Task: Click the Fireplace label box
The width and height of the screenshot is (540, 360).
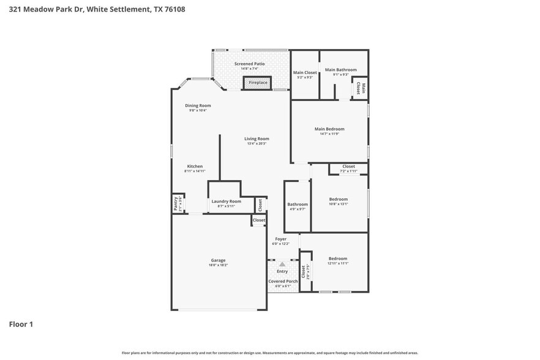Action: coord(258,83)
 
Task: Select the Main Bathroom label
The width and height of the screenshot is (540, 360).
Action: coord(340,70)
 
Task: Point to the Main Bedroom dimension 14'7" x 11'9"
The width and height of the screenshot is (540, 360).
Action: coord(329,134)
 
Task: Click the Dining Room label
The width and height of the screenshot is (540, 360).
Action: coord(198,105)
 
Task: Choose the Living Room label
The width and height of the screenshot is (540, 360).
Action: coord(257,139)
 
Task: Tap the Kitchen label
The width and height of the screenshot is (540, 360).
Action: coord(195,166)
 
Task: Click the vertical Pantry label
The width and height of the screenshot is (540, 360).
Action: coord(175,203)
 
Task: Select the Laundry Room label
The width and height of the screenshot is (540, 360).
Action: coord(226,201)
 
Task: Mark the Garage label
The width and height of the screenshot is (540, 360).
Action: coord(218,260)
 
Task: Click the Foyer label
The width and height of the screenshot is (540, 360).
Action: coord(280,239)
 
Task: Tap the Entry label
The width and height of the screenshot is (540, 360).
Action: coord(282,271)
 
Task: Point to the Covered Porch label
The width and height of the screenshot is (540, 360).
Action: coord(283,281)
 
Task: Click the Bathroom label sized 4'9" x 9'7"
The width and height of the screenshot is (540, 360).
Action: coord(298,204)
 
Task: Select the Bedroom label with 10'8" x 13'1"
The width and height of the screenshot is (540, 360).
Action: coord(339,199)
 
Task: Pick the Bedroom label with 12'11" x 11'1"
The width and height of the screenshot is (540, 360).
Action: coord(337,258)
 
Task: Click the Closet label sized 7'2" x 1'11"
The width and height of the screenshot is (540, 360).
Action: coord(348,167)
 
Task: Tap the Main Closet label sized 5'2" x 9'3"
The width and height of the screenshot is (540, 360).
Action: coord(305,72)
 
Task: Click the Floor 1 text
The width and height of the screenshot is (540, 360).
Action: coord(21,324)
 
